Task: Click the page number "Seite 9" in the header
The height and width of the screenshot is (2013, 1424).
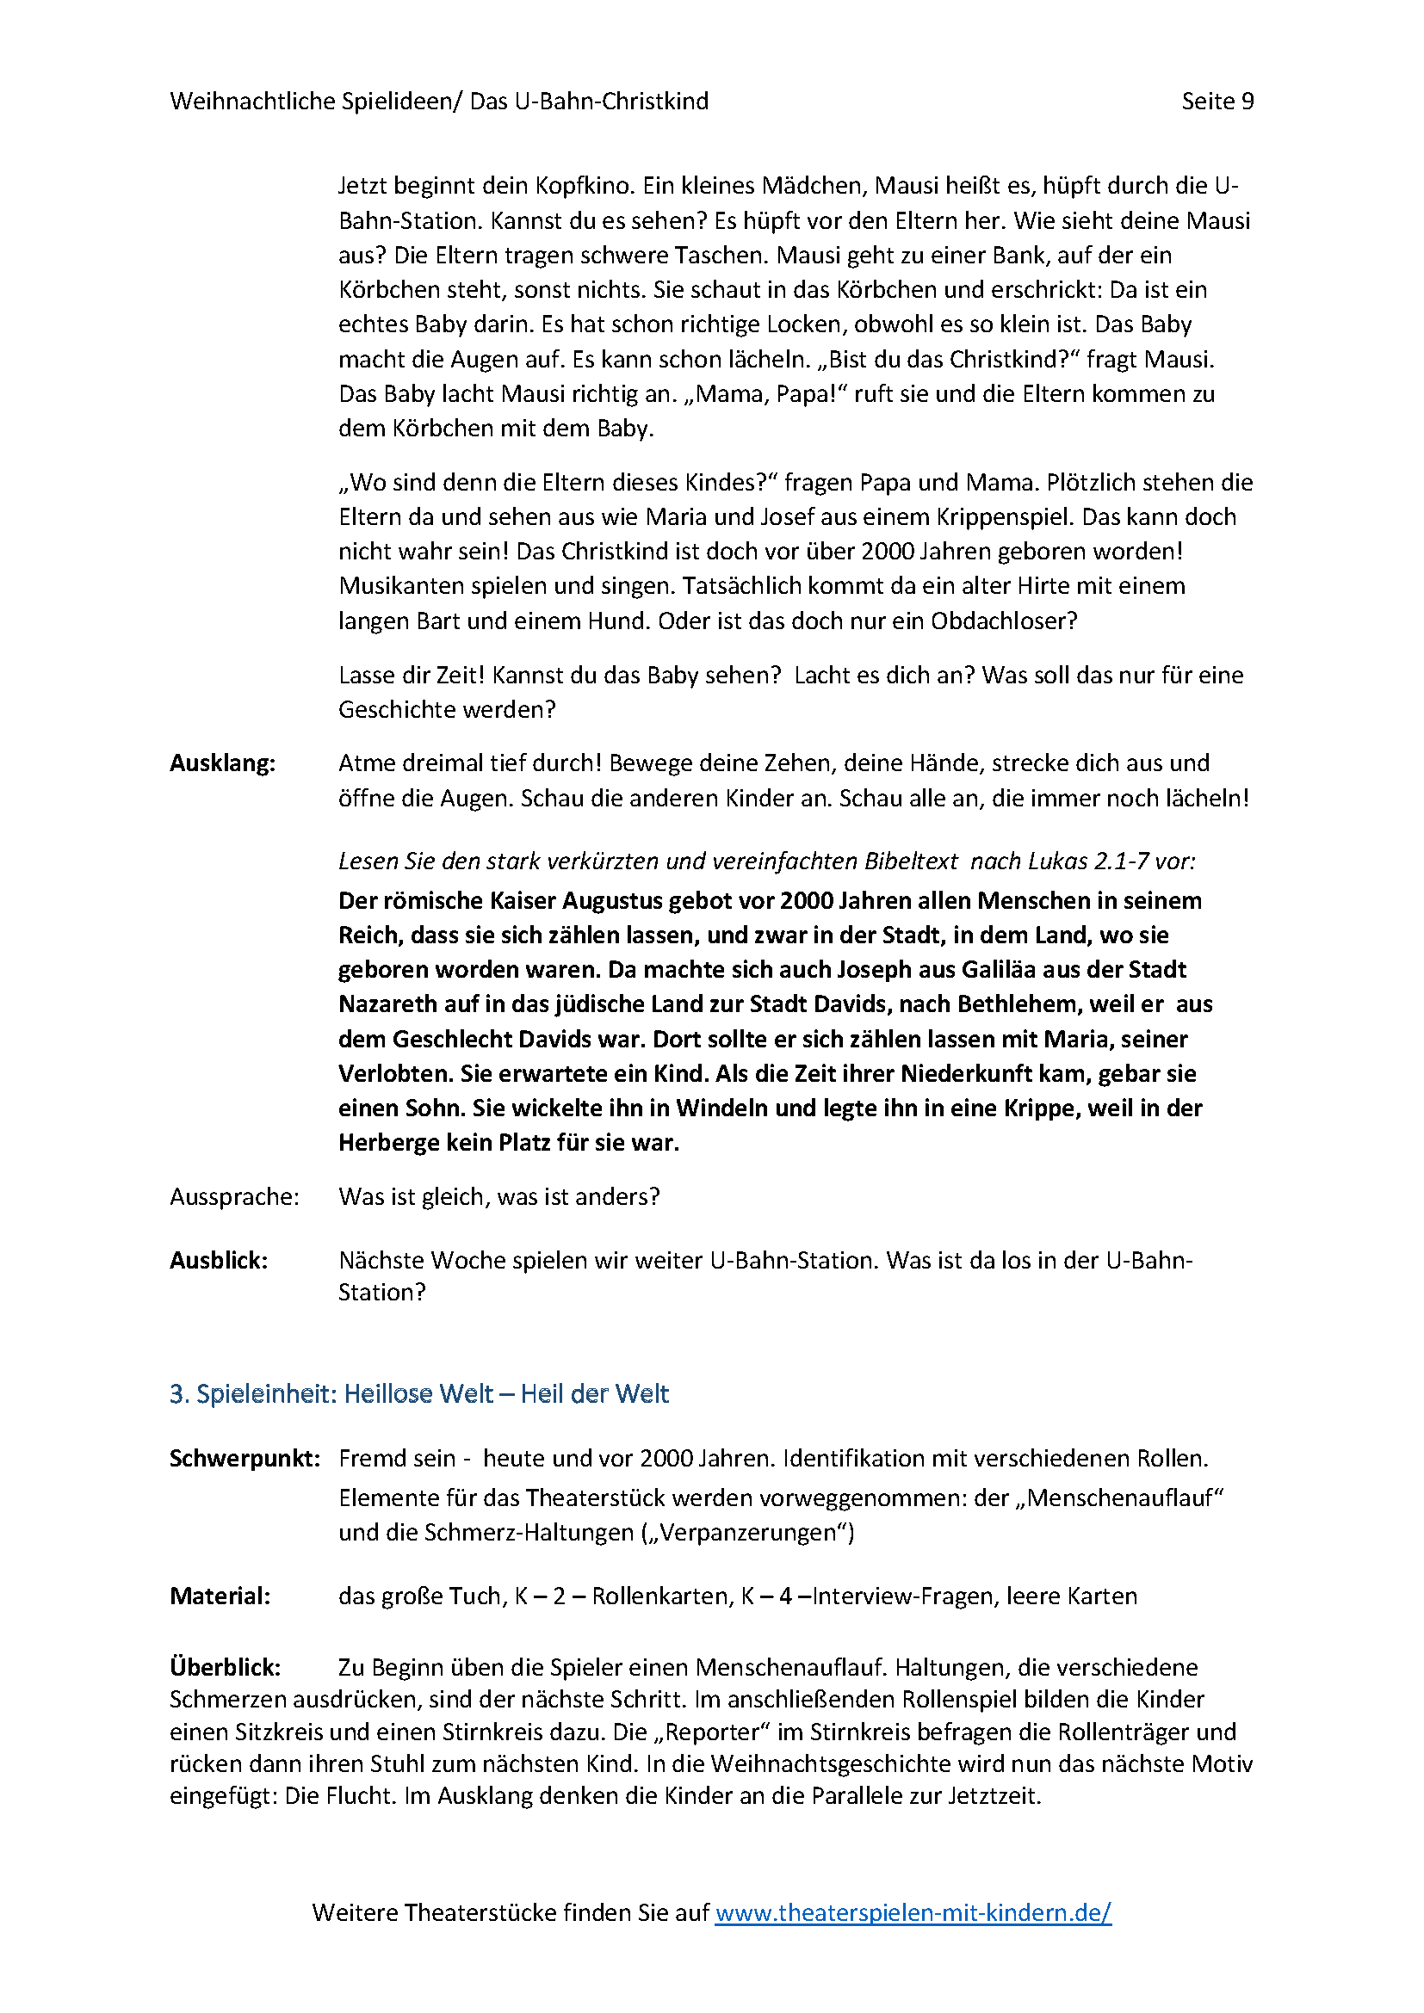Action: pyautogui.click(x=1217, y=102)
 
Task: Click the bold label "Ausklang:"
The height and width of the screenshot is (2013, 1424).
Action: pyautogui.click(x=222, y=763)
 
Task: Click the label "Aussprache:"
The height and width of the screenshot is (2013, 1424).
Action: pyautogui.click(x=234, y=1198)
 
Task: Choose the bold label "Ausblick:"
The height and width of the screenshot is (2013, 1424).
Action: pyautogui.click(x=219, y=1261)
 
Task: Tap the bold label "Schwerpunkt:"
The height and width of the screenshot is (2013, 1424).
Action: pyautogui.click(x=245, y=1459)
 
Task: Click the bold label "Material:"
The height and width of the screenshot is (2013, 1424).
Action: pyautogui.click(x=220, y=1596)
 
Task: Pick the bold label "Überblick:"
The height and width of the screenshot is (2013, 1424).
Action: pyautogui.click(x=226, y=1667)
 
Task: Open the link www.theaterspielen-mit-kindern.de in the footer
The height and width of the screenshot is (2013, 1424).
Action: pyautogui.click(x=913, y=1912)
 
